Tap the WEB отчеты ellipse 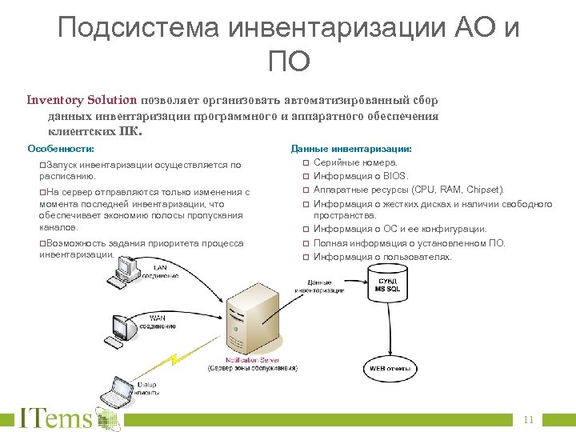pos(390,370)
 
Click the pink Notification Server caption pos(252,361)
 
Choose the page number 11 pos(528,420)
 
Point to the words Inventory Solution pos(82,101)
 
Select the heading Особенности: pos(61,149)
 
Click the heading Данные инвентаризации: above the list pos(351,149)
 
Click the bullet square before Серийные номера pos(305,162)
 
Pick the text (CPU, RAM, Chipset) pos(458,190)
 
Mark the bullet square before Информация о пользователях pos(305,258)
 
